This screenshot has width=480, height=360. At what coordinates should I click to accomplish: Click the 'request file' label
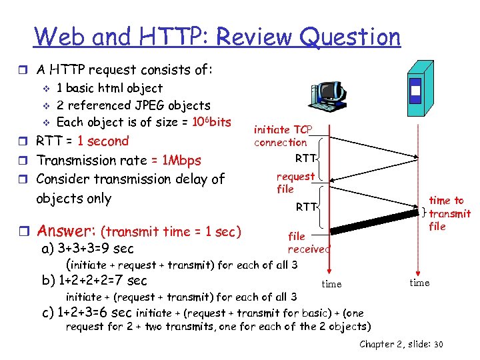click(295, 183)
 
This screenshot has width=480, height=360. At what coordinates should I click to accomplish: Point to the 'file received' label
click(308, 243)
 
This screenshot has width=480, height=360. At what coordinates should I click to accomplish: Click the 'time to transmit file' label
click(449, 213)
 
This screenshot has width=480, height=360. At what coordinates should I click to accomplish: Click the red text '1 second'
click(103, 141)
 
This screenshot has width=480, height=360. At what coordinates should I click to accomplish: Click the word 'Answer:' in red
click(66, 231)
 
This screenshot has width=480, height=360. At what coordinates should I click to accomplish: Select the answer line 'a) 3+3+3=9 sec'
click(87, 249)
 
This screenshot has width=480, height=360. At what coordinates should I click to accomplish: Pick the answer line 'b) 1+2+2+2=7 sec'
click(94, 280)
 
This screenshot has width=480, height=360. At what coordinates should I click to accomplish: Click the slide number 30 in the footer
click(438, 344)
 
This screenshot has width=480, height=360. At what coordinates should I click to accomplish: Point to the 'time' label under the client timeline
click(331, 284)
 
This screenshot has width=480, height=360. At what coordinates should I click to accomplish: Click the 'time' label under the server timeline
click(419, 283)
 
